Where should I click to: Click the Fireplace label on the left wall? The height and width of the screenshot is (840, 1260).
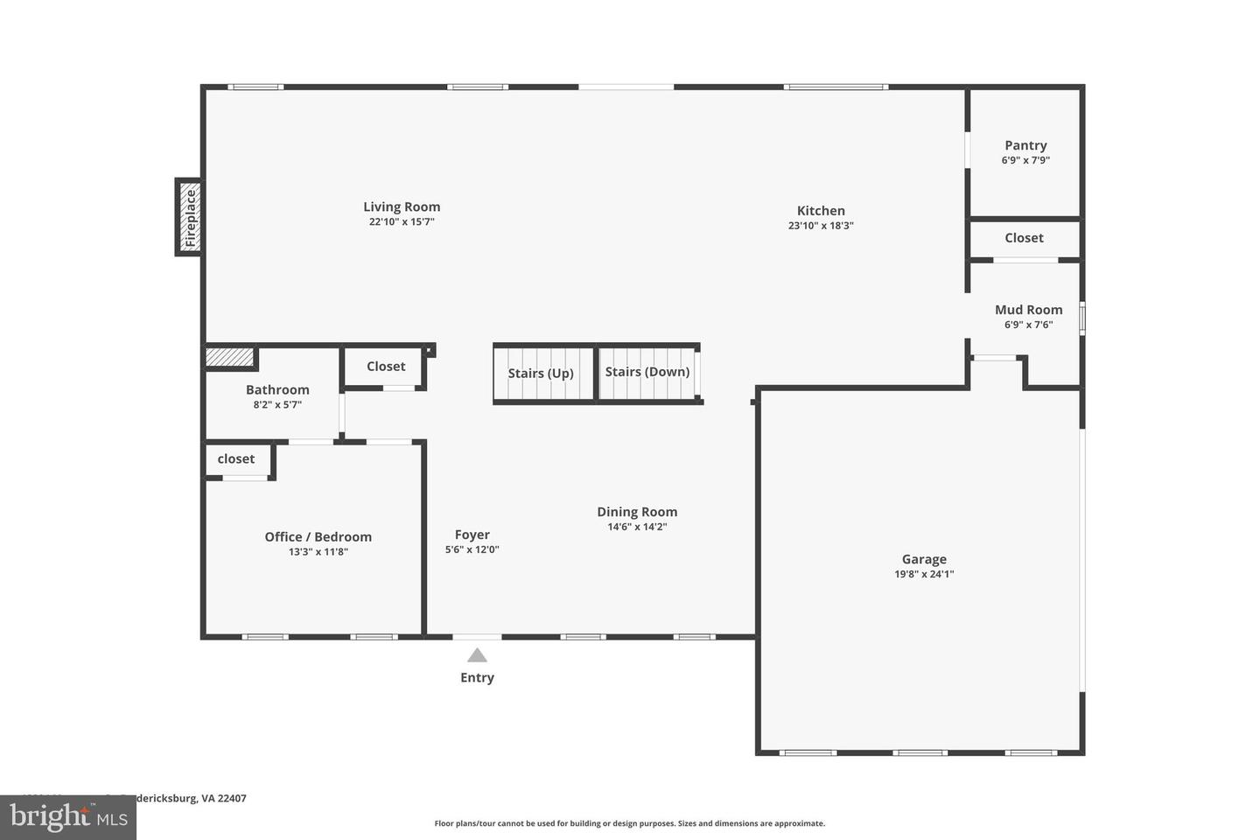pyautogui.click(x=190, y=218)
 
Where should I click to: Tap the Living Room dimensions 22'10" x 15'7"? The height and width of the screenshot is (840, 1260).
pyautogui.click(x=402, y=222)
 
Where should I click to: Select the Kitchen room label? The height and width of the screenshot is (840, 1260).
pyautogui.click(x=821, y=210)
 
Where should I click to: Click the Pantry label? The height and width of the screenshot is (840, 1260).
pyautogui.click(x=1025, y=145)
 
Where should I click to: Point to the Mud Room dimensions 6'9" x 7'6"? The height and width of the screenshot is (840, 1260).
pyautogui.click(x=1028, y=325)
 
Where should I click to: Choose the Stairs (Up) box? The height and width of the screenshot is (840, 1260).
pyautogui.click(x=542, y=374)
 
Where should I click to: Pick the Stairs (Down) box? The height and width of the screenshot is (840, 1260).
pyautogui.click(x=647, y=372)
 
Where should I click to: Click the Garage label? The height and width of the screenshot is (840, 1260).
pyautogui.click(x=924, y=559)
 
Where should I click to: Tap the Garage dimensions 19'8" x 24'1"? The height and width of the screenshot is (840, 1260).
pyautogui.click(x=924, y=575)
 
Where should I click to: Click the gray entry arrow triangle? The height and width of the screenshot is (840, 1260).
pyautogui.click(x=477, y=655)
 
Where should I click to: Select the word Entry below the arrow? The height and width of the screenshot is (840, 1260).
pyautogui.click(x=477, y=677)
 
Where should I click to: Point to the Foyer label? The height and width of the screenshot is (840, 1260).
pyautogui.click(x=472, y=535)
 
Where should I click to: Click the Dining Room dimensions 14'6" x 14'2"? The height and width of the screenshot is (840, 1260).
pyautogui.click(x=637, y=527)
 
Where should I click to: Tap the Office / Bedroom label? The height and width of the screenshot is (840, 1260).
pyautogui.click(x=318, y=536)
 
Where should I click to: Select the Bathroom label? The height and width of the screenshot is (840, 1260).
pyautogui.click(x=277, y=389)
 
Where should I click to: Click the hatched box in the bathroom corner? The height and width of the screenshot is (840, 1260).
pyautogui.click(x=229, y=357)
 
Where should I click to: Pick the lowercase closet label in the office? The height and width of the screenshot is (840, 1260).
pyautogui.click(x=236, y=458)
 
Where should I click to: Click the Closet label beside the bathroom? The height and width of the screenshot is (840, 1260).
pyautogui.click(x=386, y=366)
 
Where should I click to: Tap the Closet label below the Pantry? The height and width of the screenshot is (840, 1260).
pyautogui.click(x=1024, y=237)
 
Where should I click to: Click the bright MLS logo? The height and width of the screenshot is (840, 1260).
pyautogui.click(x=67, y=818)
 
